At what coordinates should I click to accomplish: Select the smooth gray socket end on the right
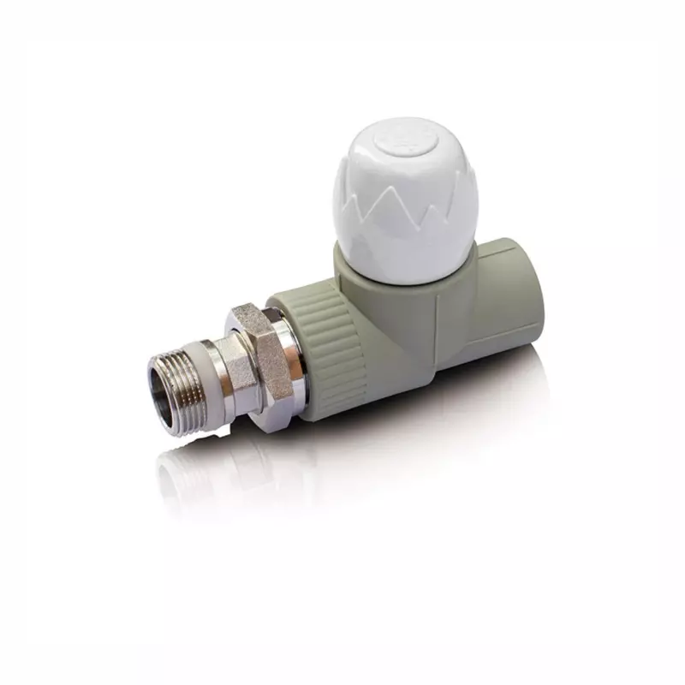[505, 295]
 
